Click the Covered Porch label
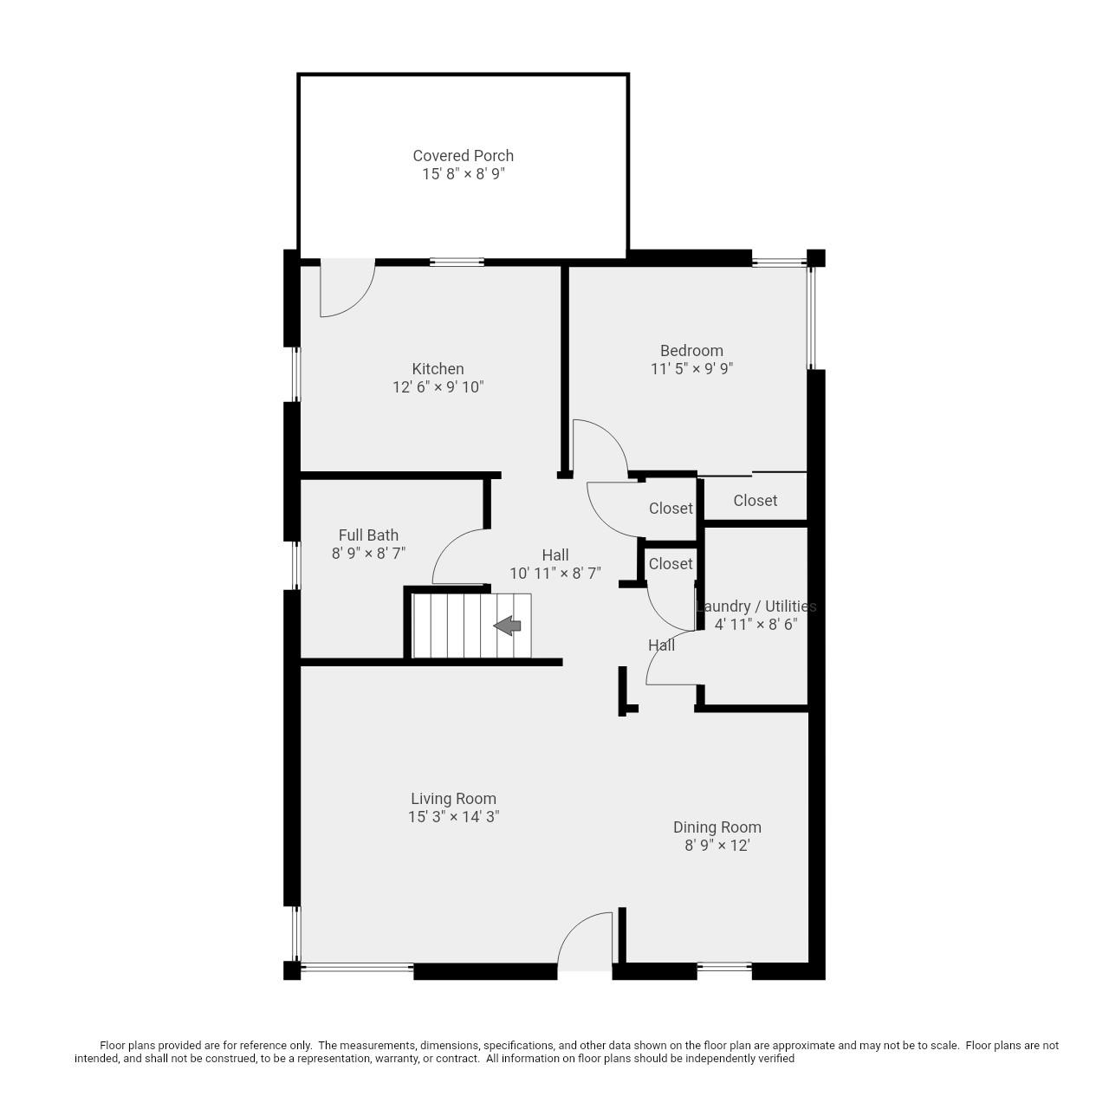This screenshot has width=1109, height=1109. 463,156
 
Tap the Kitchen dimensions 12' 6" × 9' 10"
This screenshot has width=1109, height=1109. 438,387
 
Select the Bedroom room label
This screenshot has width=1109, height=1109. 691,351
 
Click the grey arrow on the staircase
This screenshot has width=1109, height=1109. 508,626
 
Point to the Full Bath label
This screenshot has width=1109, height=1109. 368,535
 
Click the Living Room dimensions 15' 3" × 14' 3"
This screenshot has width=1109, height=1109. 453,817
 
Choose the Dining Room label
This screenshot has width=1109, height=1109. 717,827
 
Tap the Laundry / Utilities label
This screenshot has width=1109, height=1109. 756,606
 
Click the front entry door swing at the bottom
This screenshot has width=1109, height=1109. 585,943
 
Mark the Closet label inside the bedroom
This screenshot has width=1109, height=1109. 755,501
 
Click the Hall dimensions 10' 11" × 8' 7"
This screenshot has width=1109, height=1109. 554,574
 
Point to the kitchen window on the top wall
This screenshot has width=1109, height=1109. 457,262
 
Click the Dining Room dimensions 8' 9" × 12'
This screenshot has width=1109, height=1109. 717,846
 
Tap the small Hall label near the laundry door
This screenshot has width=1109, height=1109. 661,645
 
